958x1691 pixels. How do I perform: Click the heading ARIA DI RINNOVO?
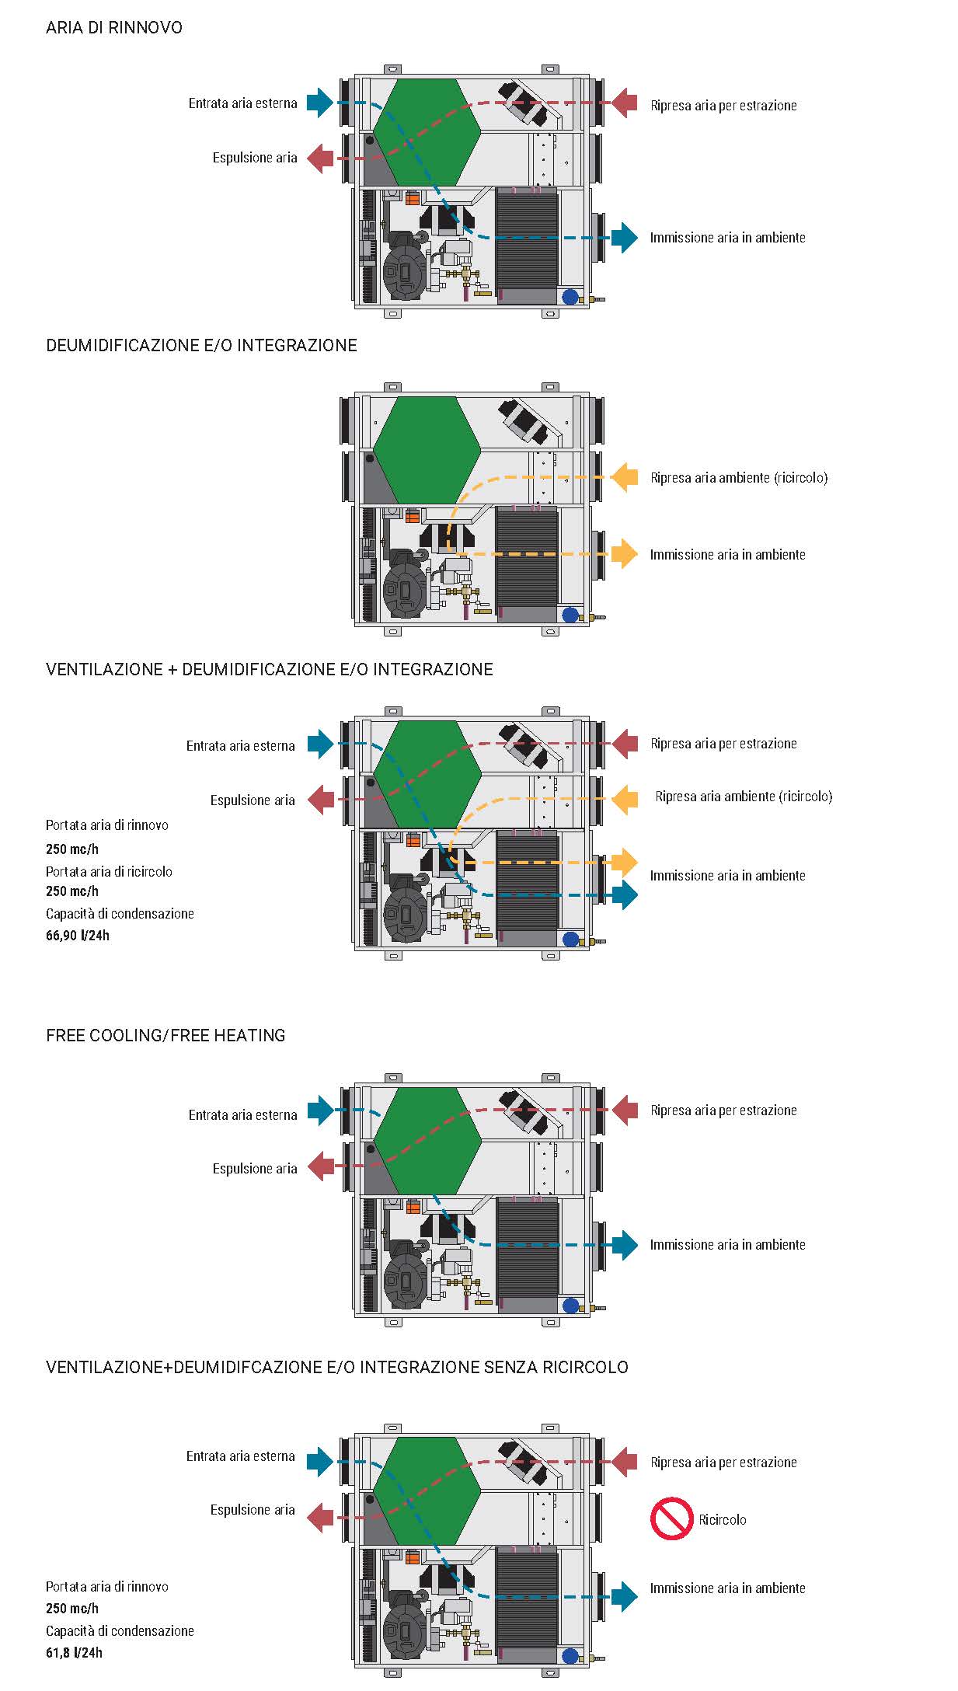(x=114, y=28)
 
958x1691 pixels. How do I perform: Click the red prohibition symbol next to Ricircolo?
(x=671, y=1518)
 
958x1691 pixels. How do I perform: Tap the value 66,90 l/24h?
(x=78, y=936)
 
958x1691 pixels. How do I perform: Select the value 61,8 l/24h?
(x=74, y=1652)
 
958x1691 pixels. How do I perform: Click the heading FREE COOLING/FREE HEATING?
(x=165, y=1035)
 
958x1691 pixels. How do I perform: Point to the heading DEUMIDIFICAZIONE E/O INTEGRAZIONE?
(x=201, y=346)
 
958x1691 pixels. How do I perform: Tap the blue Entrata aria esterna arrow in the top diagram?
(x=319, y=102)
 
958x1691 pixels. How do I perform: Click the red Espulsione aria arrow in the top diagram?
(x=320, y=158)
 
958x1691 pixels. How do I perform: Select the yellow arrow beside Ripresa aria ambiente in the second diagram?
(x=625, y=477)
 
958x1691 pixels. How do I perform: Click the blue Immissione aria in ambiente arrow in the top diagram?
(x=624, y=237)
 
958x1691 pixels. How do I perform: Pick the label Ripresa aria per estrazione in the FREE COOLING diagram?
(x=723, y=1110)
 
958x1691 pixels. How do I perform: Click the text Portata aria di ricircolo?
(x=109, y=872)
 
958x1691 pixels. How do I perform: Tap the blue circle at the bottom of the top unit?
(x=570, y=297)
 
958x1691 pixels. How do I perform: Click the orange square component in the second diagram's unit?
(x=413, y=516)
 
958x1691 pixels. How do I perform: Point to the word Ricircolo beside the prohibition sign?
(x=722, y=1520)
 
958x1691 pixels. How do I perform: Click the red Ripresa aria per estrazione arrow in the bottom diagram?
(x=625, y=1462)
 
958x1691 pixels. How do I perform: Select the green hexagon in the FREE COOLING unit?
(x=427, y=1141)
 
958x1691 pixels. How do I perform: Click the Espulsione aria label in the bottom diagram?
(x=253, y=1510)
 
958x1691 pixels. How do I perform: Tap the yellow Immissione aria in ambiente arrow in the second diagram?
(x=625, y=554)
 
